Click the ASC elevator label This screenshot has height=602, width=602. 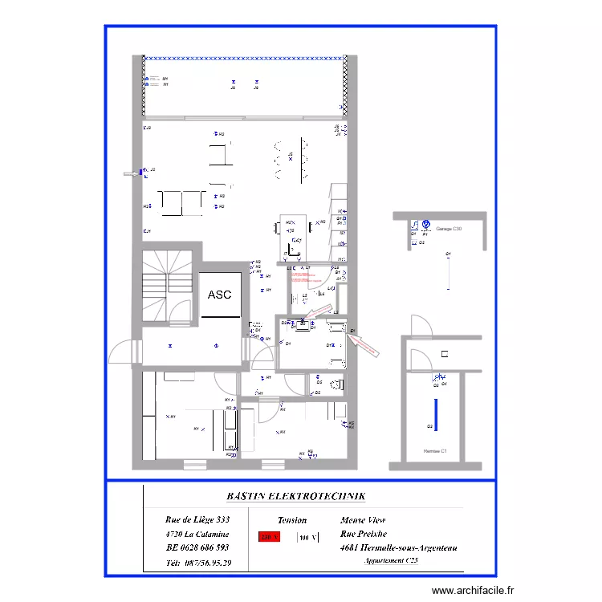coord(219,295)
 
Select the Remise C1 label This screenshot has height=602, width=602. coord(435,451)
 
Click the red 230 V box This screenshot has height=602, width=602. coord(269,538)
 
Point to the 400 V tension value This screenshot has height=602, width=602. coord(308,538)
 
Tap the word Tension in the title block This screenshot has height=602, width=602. coord(292,520)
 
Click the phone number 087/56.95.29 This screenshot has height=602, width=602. coord(199,563)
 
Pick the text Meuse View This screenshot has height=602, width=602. coord(363,520)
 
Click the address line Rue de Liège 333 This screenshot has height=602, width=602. coord(197,520)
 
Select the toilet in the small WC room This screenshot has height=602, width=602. coord(337,384)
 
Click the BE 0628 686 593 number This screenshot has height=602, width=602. coord(197,547)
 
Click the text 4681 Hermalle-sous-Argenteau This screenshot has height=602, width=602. coord(399,547)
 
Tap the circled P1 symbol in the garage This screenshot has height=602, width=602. coord(426,226)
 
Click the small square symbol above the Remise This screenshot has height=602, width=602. coord(444,354)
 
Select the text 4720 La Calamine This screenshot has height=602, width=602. coord(197,534)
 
